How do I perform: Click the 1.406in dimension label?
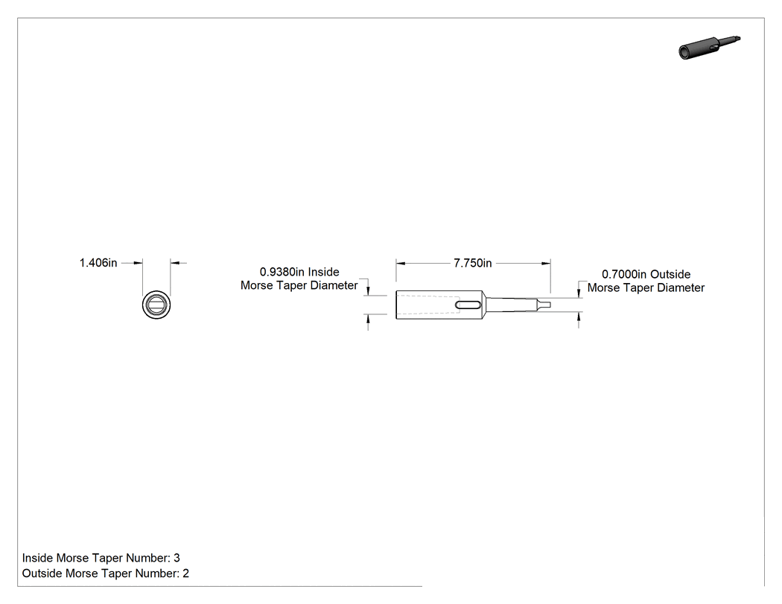coord(98,263)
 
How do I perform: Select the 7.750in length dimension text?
coord(473,263)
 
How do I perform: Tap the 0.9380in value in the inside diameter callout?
coord(282,272)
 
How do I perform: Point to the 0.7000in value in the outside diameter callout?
coord(624,274)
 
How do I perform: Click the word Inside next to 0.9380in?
coord(324,272)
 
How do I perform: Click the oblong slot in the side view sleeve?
coord(468,305)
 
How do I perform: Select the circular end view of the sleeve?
coord(156,305)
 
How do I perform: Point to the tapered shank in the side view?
coord(510,305)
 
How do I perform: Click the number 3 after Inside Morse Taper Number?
coord(177,558)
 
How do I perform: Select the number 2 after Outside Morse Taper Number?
coord(186,573)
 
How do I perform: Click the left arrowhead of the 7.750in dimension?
coord(400,263)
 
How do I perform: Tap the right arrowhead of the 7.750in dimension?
coord(547,263)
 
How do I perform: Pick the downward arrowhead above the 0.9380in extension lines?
coord(368,291)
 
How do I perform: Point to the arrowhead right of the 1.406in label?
coord(174,263)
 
